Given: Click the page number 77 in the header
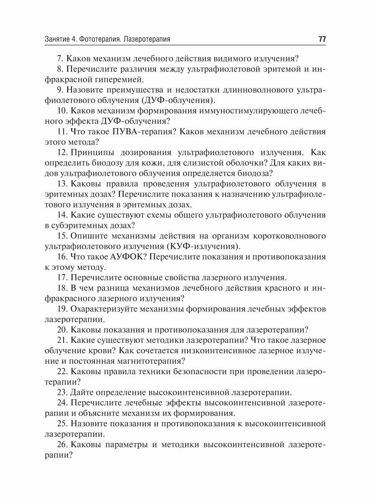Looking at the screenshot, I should pyautogui.click(x=322, y=40).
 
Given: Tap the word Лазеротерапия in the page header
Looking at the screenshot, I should pyautogui.click(x=146, y=40).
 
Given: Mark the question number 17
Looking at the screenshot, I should pyautogui.click(x=62, y=277).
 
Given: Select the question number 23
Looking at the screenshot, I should pyautogui.click(x=62, y=392).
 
